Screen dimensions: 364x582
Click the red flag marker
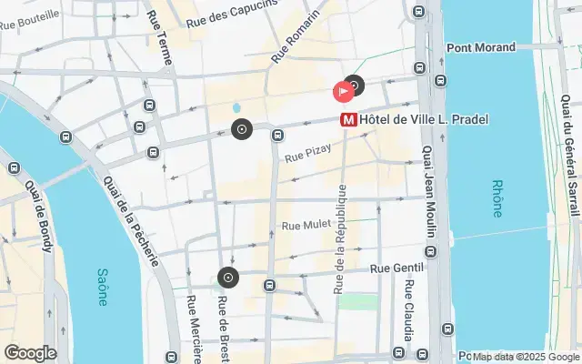(x=343, y=91)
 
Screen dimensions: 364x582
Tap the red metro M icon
(x=347, y=119)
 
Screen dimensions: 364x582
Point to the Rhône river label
(x=496, y=197)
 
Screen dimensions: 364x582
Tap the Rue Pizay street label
(x=306, y=157)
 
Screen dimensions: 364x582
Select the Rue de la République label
(x=341, y=238)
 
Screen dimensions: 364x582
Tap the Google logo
(x=30, y=353)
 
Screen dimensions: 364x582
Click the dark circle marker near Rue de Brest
(x=227, y=278)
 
